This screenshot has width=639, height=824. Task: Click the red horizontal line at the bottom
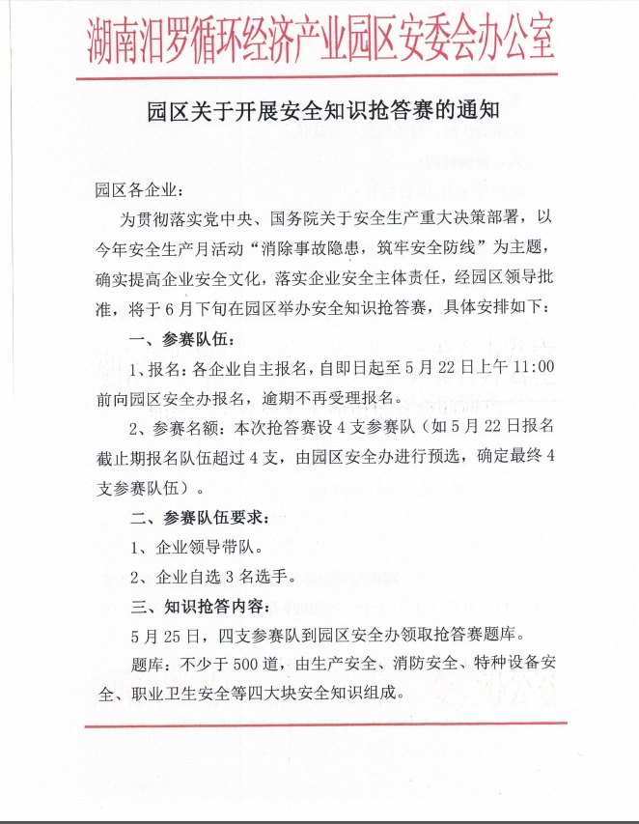pyautogui.click(x=319, y=725)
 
